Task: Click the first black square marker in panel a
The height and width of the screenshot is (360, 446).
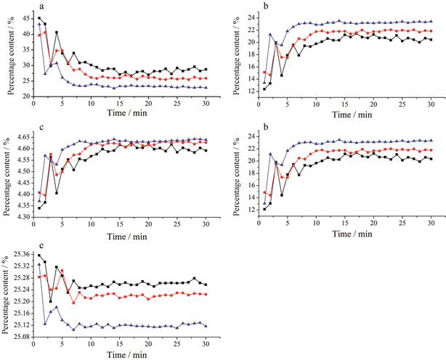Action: click(39, 18)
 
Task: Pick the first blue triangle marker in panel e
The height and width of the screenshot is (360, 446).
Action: click(39, 265)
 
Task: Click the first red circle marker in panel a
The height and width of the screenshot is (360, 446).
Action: click(39, 35)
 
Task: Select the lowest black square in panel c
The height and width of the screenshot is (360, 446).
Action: click(39, 208)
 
